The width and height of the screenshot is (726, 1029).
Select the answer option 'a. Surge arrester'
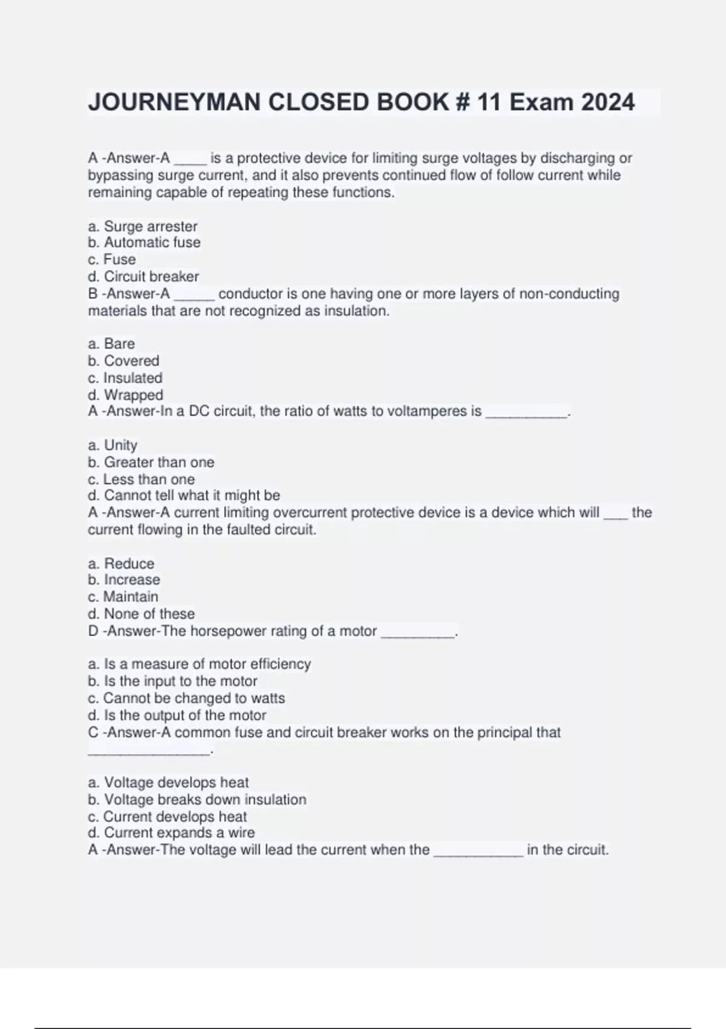pyautogui.click(x=143, y=226)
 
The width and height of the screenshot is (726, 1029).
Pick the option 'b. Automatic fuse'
pyautogui.click(x=144, y=243)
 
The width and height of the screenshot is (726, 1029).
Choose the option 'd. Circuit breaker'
pyautogui.click(x=143, y=277)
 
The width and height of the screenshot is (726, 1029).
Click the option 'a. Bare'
pyautogui.click(x=111, y=344)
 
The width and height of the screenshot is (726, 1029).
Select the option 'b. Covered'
pyautogui.click(x=123, y=361)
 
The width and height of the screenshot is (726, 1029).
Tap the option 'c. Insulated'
pyautogui.click(x=125, y=378)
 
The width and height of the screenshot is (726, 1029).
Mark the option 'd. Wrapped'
pyautogui.click(x=125, y=395)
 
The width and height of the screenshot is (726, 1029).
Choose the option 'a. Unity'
pyautogui.click(x=113, y=445)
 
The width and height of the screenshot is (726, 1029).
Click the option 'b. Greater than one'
pyautogui.click(x=151, y=462)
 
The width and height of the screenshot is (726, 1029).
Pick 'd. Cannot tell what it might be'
pyautogui.click(x=184, y=496)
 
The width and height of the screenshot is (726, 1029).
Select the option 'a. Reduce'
pyautogui.click(x=121, y=564)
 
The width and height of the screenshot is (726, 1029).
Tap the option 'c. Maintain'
pyautogui.click(x=123, y=597)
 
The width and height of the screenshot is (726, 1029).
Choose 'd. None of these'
pyautogui.click(x=141, y=614)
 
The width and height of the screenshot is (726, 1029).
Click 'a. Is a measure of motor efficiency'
pyautogui.click(x=199, y=664)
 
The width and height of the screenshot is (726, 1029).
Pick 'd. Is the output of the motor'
pyautogui.click(x=177, y=715)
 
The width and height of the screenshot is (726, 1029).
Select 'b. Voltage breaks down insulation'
pyautogui.click(x=197, y=800)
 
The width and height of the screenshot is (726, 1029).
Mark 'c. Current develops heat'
pyautogui.click(x=167, y=817)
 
